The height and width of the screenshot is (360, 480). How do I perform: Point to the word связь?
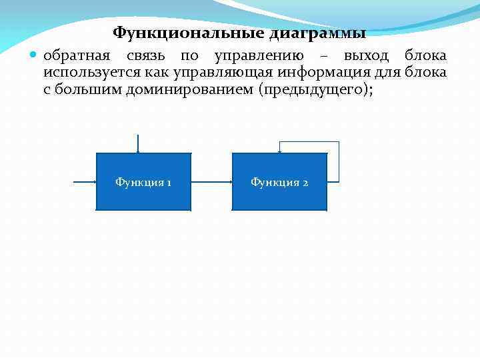(145, 56)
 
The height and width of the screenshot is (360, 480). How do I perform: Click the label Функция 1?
(143, 182)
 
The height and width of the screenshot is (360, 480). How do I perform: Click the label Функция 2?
(279, 182)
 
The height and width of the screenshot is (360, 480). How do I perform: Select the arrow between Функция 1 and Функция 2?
(211, 181)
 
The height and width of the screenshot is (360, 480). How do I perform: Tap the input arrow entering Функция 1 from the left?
(84, 181)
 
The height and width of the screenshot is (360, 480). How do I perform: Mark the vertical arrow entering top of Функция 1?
(138, 143)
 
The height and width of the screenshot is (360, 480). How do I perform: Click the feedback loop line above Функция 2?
(309, 142)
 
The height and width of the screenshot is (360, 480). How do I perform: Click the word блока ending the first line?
(426, 56)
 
